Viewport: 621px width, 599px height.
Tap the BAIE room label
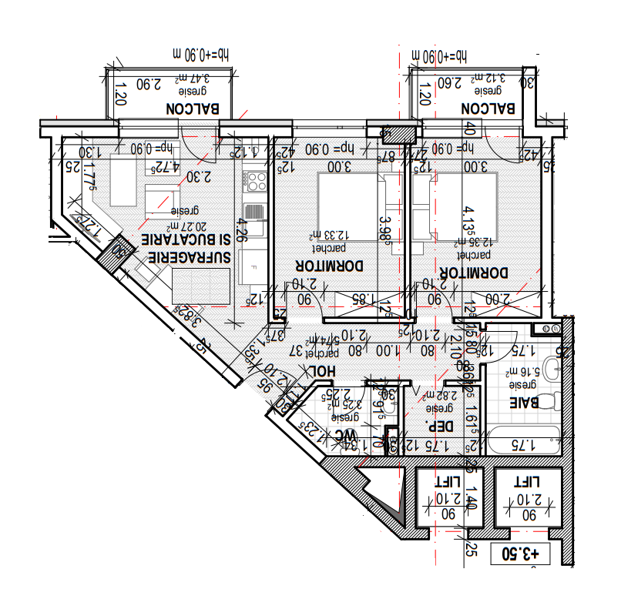[x=525, y=402]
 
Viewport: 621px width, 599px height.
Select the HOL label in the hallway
[x=323, y=371]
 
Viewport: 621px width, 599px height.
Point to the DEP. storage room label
[x=438, y=427]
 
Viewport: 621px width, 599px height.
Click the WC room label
[x=342, y=437]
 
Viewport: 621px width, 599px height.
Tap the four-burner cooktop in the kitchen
[x=255, y=182]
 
